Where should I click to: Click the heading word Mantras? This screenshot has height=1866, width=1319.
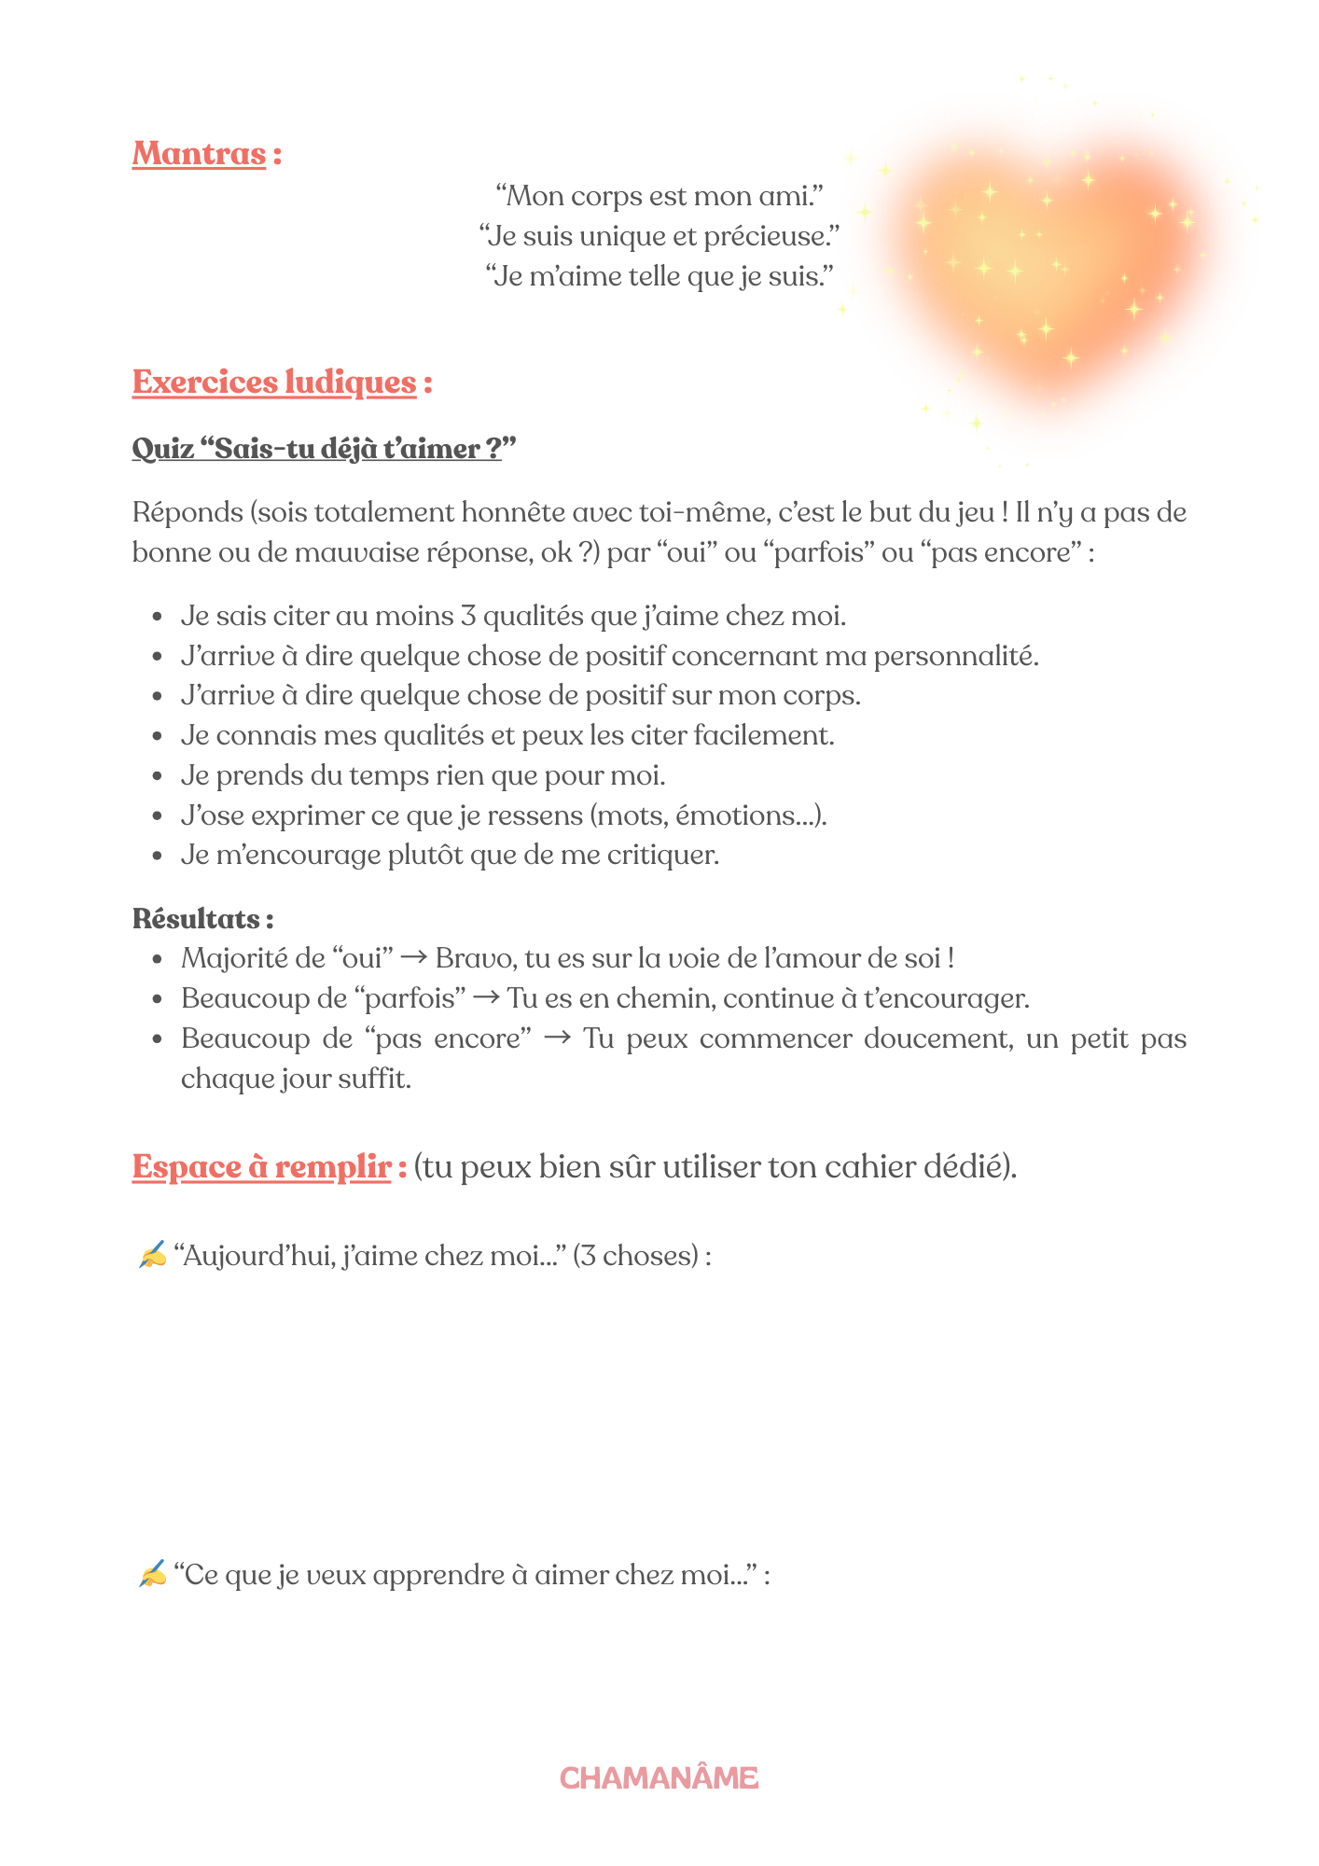click(199, 154)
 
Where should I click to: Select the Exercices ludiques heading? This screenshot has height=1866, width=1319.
click(274, 383)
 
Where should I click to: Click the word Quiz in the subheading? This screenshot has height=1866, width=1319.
click(163, 449)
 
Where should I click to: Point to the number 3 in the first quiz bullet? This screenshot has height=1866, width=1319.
click(468, 617)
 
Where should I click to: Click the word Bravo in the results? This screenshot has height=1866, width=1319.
click(475, 959)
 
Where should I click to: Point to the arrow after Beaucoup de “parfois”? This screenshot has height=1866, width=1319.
click(486, 998)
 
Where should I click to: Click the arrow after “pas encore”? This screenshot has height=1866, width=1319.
click(557, 1038)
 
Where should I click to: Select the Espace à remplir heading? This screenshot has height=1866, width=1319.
click(262, 1167)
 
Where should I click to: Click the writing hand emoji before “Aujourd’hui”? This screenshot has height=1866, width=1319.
click(151, 1256)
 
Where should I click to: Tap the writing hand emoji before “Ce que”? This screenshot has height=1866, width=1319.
click(151, 1575)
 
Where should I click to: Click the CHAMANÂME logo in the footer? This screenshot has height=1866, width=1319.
click(659, 1778)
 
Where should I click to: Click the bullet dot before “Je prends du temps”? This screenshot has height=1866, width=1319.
click(158, 776)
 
